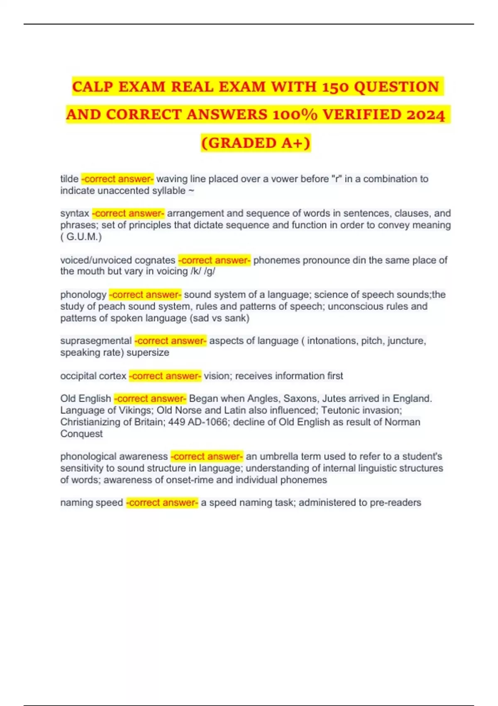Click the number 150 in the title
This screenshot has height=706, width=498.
(x=335, y=87)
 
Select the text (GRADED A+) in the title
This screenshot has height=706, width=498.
(x=256, y=143)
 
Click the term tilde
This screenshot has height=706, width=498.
(x=69, y=179)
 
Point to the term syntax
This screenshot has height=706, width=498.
(x=75, y=213)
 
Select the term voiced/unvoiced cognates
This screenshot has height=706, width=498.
(x=118, y=260)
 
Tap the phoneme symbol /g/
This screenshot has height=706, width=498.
(x=210, y=272)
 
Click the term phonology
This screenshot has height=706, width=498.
(x=83, y=295)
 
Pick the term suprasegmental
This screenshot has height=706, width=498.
(x=96, y=341)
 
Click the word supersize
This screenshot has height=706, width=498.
(x=148, y=353)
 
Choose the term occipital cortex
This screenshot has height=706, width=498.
(x=93, y=376)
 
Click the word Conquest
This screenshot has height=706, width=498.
(x=81, y=434)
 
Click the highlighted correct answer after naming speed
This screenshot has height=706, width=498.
(x=162, y=503)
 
